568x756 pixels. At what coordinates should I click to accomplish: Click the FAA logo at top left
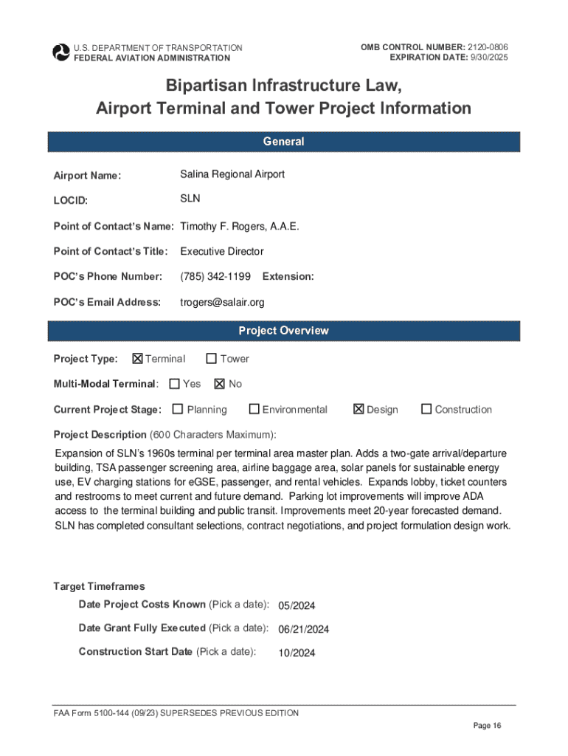point(60,52)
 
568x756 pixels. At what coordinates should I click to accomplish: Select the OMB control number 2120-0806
point(486,47)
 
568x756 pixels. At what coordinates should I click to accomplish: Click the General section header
point(284,142)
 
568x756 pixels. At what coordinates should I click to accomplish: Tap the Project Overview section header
point(284,331)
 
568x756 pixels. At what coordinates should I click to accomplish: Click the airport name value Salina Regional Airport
point(232,174)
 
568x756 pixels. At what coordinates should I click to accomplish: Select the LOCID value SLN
point(190,199)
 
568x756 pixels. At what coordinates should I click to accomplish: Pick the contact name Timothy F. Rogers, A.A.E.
point(240,226)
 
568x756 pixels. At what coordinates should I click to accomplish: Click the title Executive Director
point(222,251)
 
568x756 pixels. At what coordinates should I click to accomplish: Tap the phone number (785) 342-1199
point(215,276)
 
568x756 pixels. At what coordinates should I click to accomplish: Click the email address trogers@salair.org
point(222,302)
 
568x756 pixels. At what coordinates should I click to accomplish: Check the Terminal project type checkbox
point(137,359)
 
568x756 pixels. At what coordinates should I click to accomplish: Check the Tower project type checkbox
point(212,359)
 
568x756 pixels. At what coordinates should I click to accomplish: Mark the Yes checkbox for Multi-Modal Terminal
point(175,384)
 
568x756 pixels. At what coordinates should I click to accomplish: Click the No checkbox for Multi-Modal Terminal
point(220,384)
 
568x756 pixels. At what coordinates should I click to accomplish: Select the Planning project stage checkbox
point(178,409)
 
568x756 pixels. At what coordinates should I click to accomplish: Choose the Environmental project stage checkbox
point(254,409)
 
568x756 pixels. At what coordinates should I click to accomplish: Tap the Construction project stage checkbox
point(426,409)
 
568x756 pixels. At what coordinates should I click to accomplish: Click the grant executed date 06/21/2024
point(303,629)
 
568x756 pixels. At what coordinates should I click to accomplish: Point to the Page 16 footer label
point(487,726)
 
